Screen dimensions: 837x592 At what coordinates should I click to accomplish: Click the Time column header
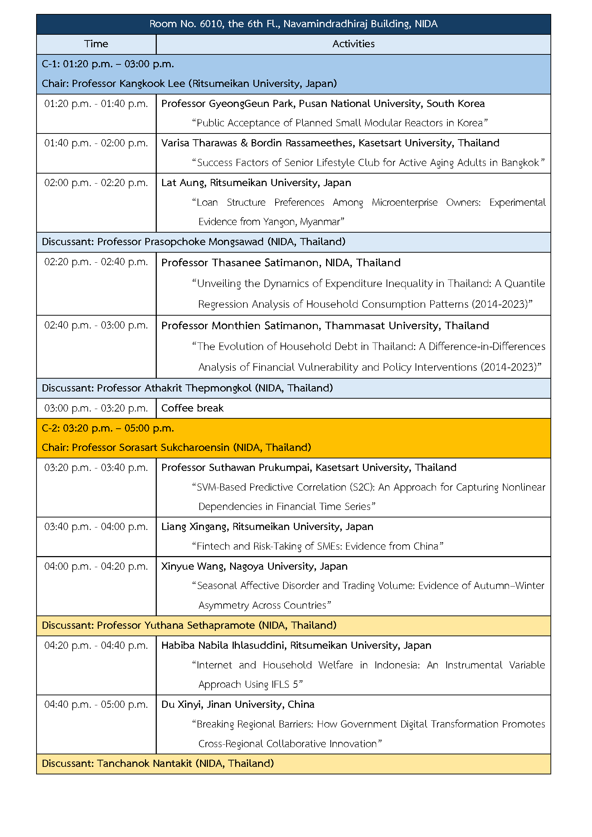[96, 44]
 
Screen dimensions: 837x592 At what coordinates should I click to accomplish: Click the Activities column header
[353, 44]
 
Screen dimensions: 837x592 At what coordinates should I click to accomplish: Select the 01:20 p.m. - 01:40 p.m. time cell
[96, 104]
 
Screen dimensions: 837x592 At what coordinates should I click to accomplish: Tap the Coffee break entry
[192, 408]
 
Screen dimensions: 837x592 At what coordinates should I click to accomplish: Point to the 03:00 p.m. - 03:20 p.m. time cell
[96, 408]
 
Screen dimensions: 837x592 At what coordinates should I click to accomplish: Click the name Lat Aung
[183, 183]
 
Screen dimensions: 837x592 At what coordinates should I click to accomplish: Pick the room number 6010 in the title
[212, 24]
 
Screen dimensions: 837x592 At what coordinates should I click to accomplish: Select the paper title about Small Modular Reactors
[340, 123]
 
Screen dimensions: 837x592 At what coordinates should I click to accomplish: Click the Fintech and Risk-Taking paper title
[317, 546]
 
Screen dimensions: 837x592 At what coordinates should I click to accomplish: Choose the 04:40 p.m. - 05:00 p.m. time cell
[96, 705]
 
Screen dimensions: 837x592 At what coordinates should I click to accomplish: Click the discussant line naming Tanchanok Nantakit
[158, 764]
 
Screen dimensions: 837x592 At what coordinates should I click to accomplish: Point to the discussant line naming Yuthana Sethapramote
[189, 626]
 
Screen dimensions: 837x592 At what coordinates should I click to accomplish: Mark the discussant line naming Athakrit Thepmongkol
[187, 388]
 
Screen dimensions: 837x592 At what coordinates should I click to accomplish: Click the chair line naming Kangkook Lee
[189, 84]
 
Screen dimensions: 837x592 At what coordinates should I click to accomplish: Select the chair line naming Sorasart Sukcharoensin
[176, 448]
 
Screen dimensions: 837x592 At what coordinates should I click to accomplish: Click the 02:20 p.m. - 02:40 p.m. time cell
[96, 262]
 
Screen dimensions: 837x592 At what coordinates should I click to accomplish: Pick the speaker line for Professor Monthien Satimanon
[325, 326]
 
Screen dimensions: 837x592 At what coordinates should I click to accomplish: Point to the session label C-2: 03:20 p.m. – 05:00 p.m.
[108, 428]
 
